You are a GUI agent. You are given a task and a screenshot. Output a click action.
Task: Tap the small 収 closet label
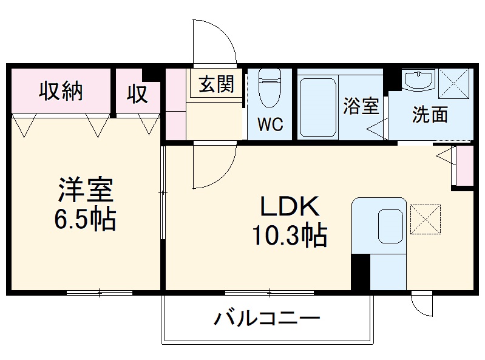click(x=138, y=94)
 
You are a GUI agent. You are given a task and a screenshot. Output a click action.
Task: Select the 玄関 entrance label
click(x=217, y=85)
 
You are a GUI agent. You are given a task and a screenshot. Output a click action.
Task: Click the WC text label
click(x=270, y=124)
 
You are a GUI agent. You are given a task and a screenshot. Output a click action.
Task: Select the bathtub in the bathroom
click(x=317, y=107)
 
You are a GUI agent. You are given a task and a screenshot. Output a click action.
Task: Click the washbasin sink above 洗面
click(x=418, y=80)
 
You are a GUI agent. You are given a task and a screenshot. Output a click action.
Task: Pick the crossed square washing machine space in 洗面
click(x=455, y=82)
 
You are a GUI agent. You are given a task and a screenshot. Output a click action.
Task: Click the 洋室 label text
click(x=85, y=189)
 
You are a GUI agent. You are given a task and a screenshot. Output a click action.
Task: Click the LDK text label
click(x=290, y=208)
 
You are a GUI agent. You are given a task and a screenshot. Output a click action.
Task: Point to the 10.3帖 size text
click(x=290, y=235)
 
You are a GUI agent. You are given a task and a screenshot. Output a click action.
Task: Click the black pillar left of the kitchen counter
click(x=360, y=271)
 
